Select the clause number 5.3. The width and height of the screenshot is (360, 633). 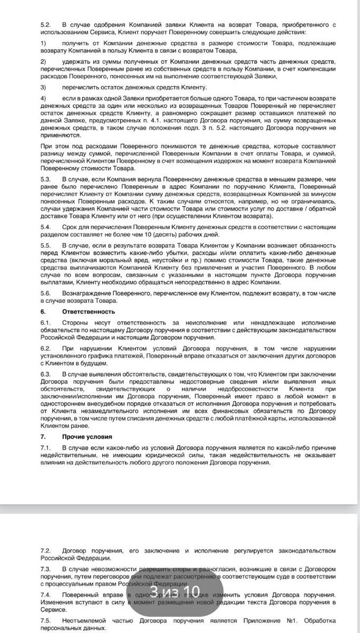point(46,179)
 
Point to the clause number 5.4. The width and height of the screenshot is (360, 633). point(46,227)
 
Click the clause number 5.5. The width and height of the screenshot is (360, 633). point(46,246)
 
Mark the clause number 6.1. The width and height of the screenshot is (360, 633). point(46,322)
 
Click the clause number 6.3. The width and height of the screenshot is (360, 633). point(46,374)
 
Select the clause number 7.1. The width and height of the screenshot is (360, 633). point(46,447)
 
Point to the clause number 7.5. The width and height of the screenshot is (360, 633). point(46,621)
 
